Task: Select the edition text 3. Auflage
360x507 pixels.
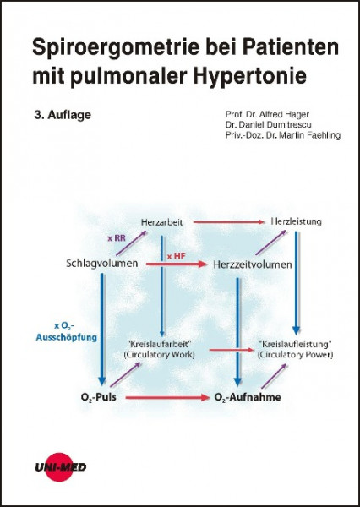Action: click(63, 115)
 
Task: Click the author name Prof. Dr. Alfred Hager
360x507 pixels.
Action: click(267, 114)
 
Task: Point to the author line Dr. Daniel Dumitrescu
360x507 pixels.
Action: click(269, 124)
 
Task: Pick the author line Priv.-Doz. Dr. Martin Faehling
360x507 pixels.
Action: click(283, 135)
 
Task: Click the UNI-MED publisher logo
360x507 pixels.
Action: click(61, 467)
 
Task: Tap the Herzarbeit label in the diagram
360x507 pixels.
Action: click(161, 222)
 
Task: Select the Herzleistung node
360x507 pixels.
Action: click(297, 221)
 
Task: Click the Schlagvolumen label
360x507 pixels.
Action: click(102, 263)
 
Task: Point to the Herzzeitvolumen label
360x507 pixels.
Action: click(253, 264)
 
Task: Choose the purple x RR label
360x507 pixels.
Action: click(117, 238)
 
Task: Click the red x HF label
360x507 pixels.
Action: click(177, 256)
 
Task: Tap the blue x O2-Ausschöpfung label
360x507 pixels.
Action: click(66, 332)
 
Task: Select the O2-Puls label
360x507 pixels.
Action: click(99, 397)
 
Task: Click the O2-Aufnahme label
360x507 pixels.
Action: click(248, 397)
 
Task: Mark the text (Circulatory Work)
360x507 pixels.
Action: click(160, 354)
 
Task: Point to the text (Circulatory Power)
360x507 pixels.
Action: click(295, 354)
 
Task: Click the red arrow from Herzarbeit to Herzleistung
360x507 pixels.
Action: click(229, 222)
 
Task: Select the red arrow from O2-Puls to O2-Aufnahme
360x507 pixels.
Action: click(167, 397)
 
